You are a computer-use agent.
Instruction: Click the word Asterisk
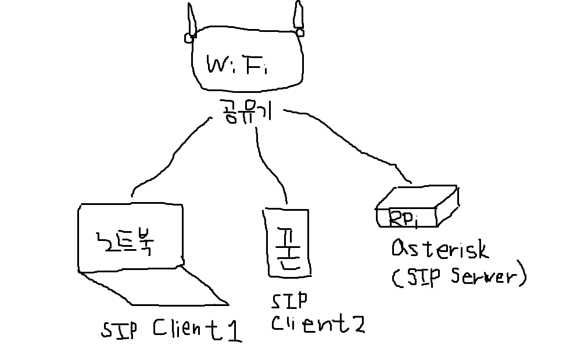440,250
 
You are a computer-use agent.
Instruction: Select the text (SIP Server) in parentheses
458,277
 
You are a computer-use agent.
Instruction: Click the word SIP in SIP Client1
119,329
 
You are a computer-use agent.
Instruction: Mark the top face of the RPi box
416,197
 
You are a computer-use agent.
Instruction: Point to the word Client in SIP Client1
180,329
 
